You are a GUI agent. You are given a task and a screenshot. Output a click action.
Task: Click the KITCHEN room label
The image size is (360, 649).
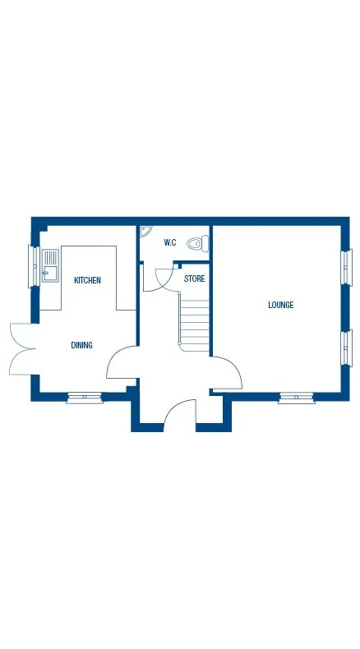87,281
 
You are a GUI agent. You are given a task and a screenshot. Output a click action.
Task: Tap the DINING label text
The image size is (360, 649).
81,346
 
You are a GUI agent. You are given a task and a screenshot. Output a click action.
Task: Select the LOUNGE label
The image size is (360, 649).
280,306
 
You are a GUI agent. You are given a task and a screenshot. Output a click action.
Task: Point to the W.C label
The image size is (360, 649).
170,242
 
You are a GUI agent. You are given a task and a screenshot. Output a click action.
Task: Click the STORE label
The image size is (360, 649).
194,279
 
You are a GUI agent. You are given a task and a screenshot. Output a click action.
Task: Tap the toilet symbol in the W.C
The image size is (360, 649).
197,243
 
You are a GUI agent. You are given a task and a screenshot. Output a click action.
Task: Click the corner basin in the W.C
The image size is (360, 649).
145,232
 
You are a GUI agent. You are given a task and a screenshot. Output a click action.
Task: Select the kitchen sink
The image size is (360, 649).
51,265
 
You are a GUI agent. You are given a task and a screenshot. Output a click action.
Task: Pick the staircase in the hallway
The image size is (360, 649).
195,325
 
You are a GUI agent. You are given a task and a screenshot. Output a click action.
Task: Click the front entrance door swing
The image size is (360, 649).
179,415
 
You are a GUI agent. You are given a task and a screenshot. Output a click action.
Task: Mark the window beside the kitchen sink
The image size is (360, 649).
35,265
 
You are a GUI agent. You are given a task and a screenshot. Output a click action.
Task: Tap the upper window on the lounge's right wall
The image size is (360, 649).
346,266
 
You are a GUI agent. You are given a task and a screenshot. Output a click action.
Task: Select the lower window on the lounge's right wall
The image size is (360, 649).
346,348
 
